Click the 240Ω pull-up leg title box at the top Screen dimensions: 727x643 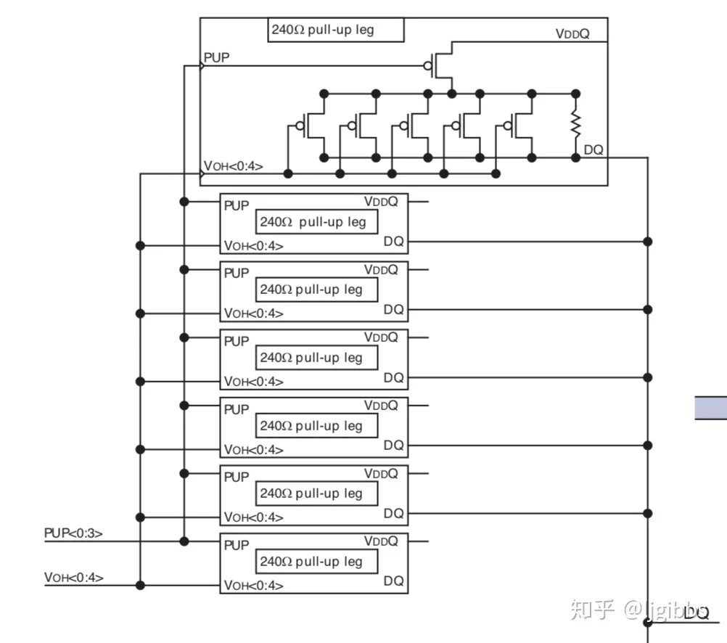point(336,30)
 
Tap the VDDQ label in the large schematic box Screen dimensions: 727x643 point(572,34)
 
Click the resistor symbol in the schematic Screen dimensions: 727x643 point(575,124)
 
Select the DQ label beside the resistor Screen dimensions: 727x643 point(593,150)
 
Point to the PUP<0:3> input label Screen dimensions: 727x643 point(73,533)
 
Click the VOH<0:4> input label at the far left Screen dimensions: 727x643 point(74,578)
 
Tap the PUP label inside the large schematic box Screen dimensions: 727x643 point(216,57)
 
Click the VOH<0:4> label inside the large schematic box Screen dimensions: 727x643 point(233,166)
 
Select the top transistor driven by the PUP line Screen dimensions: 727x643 point(439,65)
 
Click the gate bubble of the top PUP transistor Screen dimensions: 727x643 point(428,66)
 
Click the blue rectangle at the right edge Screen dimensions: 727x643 point(711,408)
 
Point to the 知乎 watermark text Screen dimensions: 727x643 point(593,610)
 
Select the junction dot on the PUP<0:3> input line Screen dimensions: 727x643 point(184,541)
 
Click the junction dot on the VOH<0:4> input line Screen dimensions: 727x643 point(141,586)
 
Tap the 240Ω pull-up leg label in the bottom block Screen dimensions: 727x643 point(311,561)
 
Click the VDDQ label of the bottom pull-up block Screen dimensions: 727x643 point(381,541)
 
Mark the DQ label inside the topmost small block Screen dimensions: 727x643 point(394,241)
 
